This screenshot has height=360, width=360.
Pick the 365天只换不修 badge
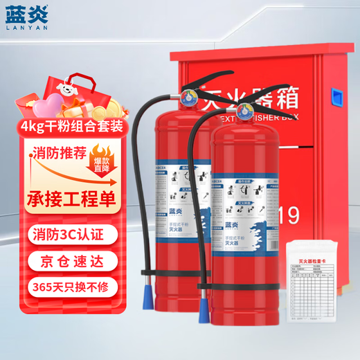click(63, 286)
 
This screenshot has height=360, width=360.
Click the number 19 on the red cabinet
click(289, 215)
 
